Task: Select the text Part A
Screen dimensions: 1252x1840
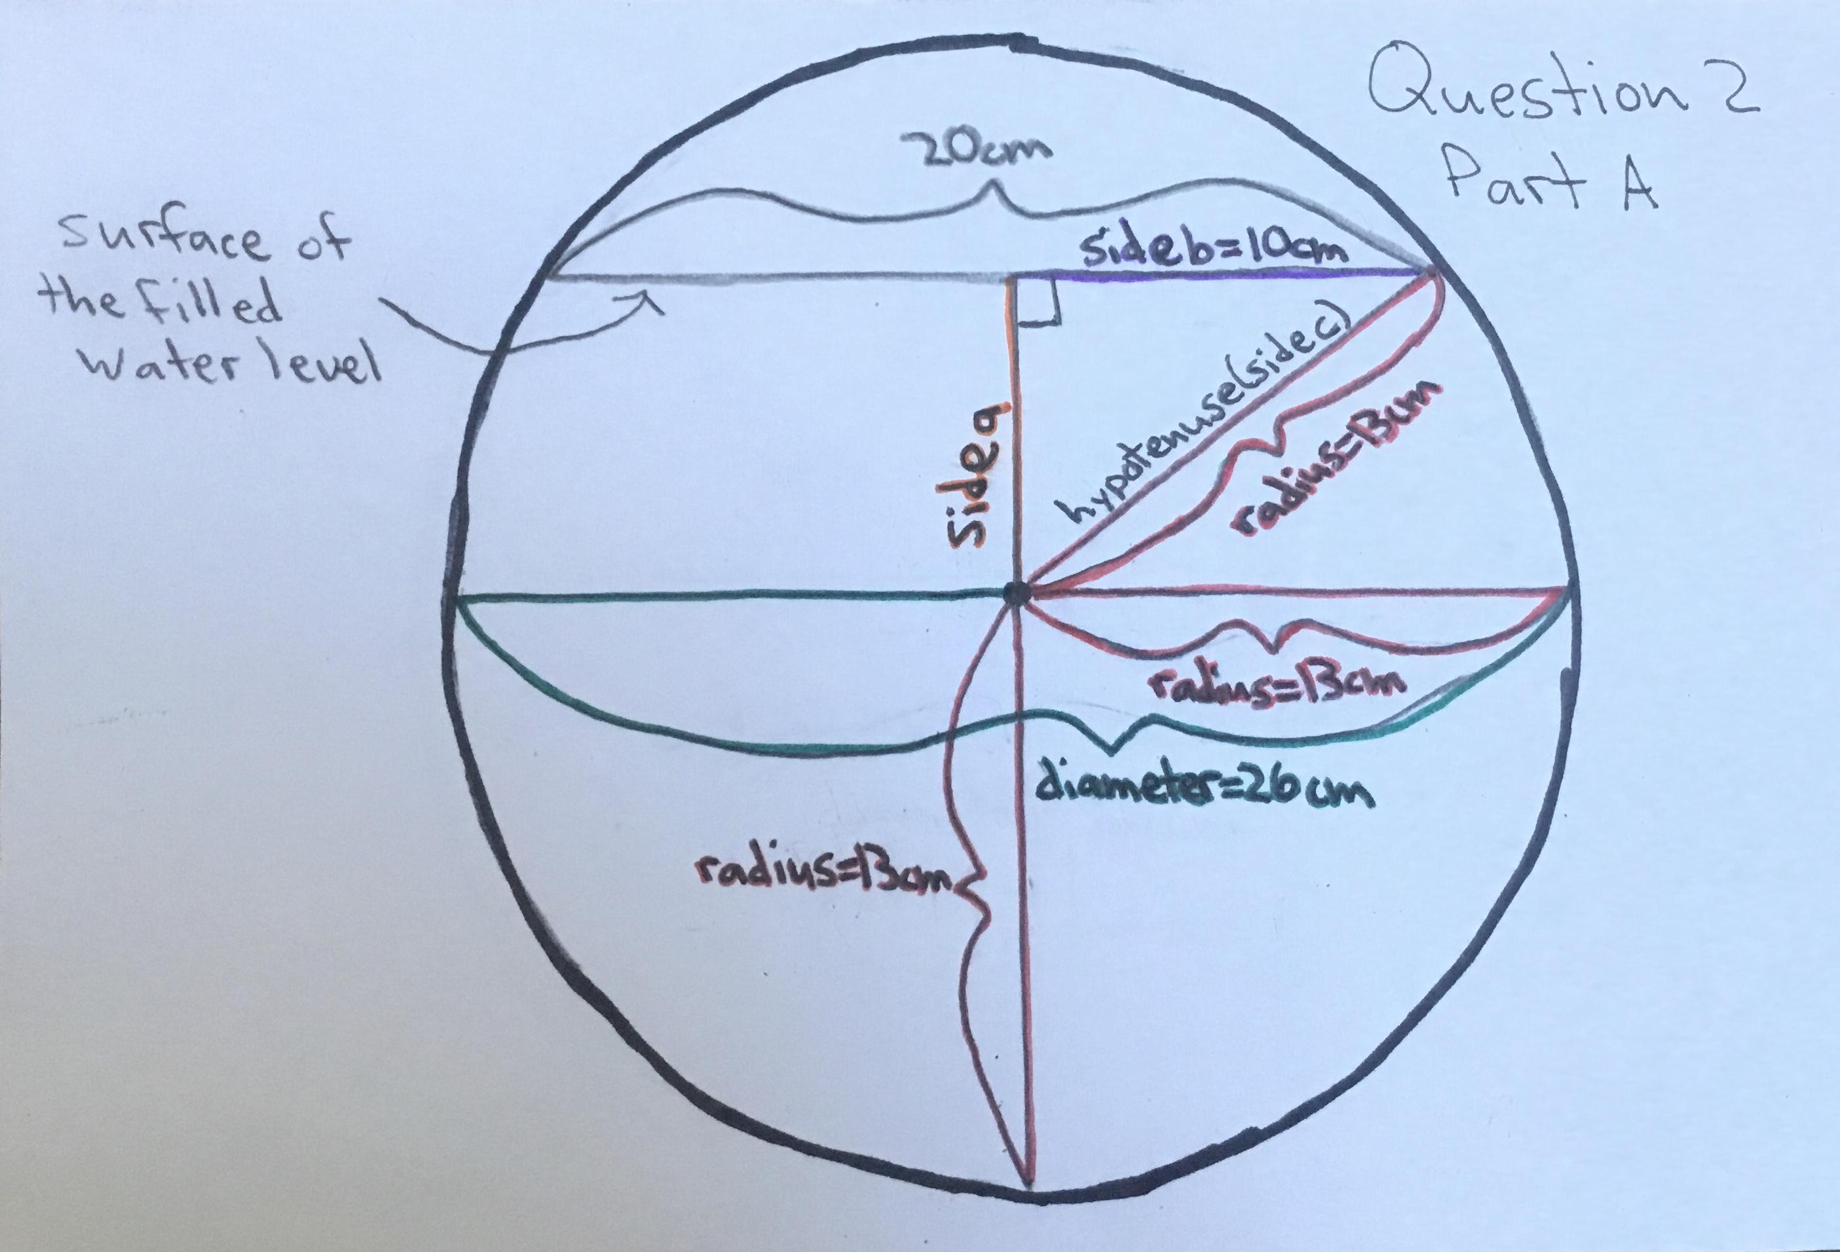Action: tap(1552, 183)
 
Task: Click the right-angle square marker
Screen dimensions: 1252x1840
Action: tap(1038, 303)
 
